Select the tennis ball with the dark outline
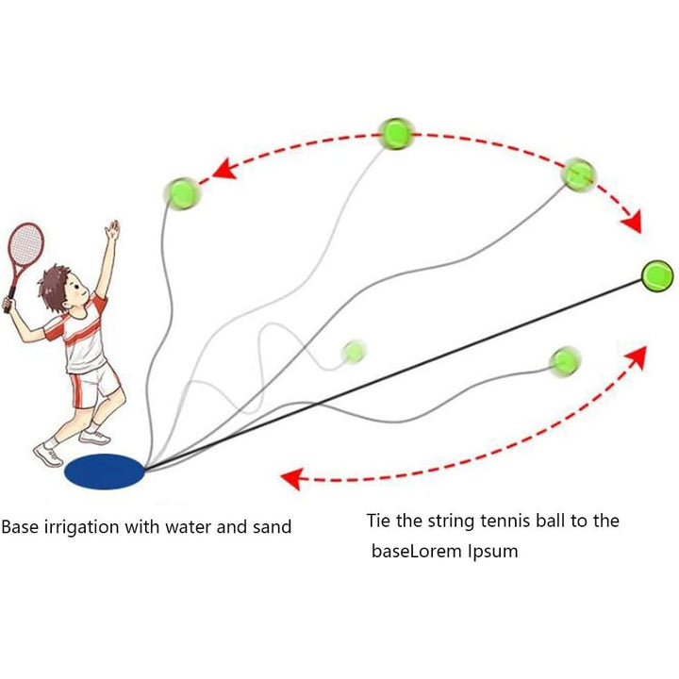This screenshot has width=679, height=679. [x=656, y=273]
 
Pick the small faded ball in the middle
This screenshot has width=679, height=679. [x=355, y=351]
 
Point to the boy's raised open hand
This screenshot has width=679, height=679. [x=113, y=231]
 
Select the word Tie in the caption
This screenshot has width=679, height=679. [x=379, y=521]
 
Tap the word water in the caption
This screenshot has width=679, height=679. [x=193, y=526]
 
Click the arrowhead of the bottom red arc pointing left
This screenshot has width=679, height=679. [x=293, y=478]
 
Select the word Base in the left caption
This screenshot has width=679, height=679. [x=19, y=526]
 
